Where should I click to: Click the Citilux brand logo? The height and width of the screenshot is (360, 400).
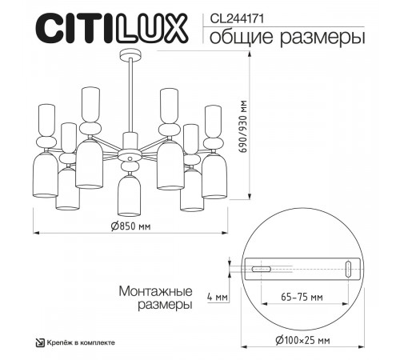pos(105,28)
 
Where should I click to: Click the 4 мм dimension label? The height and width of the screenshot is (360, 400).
pos(217,298)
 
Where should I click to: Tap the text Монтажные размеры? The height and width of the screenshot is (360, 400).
pos(155,298)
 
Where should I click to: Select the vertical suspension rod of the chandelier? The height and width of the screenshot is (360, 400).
pos(128,96)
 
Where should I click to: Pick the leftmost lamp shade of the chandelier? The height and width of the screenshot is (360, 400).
pos(46,172)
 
